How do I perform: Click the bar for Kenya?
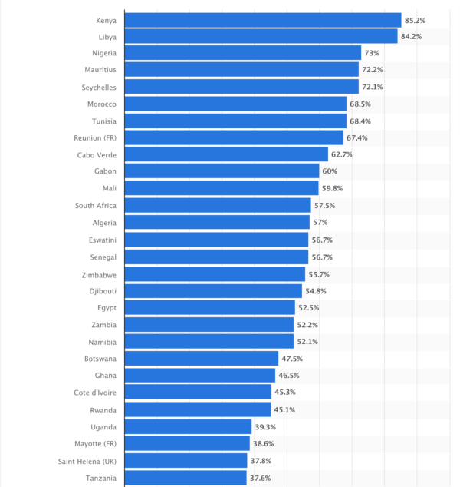(x=262, y=20)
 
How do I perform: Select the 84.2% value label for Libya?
(x=410, y=37)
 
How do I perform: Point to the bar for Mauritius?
(x=242, y=70)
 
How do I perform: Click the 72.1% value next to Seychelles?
(x=373, y=87)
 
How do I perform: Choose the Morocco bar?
(x=235, y=104)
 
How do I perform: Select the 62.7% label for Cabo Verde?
(x=342, y=154)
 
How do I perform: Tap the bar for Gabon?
(x=222, y=171)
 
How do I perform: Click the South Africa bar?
(x=218, y=205)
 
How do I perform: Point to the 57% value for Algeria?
(x=320, y=223)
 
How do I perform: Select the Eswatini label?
(x=102, y=240)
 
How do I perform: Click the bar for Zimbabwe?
(x=215, y=273)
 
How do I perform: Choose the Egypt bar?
(x=209, y=308)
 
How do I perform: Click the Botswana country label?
(x=100, y=359)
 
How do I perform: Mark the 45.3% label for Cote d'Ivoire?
(x=285, y=393)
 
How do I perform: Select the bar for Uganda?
(x=188, y=426)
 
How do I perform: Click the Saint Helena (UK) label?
(x=87, y=461)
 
